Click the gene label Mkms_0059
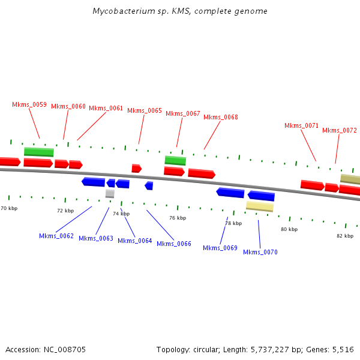coord(29,104)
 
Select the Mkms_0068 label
coord(221,117)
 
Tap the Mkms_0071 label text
coord(301,125)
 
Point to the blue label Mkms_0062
coord(56,236)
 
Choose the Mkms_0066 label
coord(174,243)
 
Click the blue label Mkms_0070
coord(260,252)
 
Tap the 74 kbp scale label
coord(121,214)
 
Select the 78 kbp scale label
coord(233,223)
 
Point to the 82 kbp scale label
coord(345,236)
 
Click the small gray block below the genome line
coord(110,193)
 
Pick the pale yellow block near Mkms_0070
coord(260,206)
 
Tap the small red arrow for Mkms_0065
coord(137,169)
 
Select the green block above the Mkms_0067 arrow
coord(175,160)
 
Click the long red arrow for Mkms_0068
coord(202,173)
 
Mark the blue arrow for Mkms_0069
coord(230,193)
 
